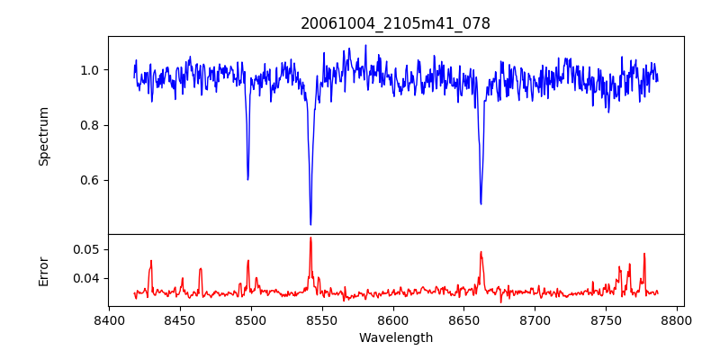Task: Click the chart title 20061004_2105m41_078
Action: coord(395,23)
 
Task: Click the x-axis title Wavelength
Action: coord(395,337)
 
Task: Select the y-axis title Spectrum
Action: coord(43,136)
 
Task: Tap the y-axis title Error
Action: coord(43,270)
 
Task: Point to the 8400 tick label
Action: coord(109,319)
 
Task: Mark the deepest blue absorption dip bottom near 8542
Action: coord(310,224)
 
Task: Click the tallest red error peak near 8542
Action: coord(310,238)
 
